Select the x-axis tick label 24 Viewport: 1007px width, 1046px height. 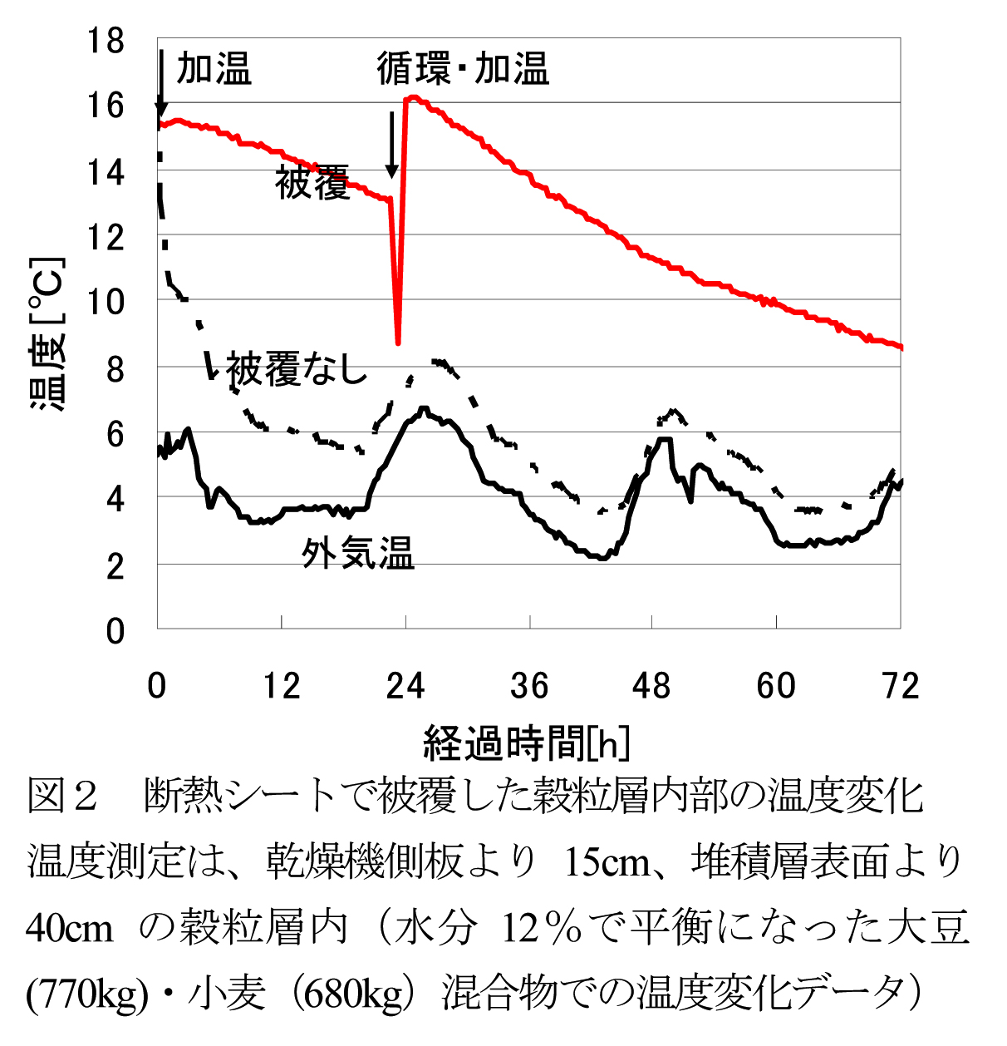point(405,687)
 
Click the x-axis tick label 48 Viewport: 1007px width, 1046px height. point(651,687)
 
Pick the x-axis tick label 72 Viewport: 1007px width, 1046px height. point(900,687)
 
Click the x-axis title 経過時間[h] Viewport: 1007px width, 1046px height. point(527,743)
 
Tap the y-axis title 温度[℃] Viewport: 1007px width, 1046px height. point(47,336)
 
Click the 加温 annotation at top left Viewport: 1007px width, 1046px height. point(214,68)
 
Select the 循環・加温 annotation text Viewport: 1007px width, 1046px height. point(463,68)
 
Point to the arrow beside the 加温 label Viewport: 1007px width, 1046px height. point(161,83)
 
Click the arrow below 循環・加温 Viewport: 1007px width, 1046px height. point(391,145)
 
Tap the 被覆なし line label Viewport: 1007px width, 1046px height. point(297,369)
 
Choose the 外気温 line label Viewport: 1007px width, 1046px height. point(357,552)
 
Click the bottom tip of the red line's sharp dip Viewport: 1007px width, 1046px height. point(399,343)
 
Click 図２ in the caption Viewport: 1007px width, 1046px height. point(62,796)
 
